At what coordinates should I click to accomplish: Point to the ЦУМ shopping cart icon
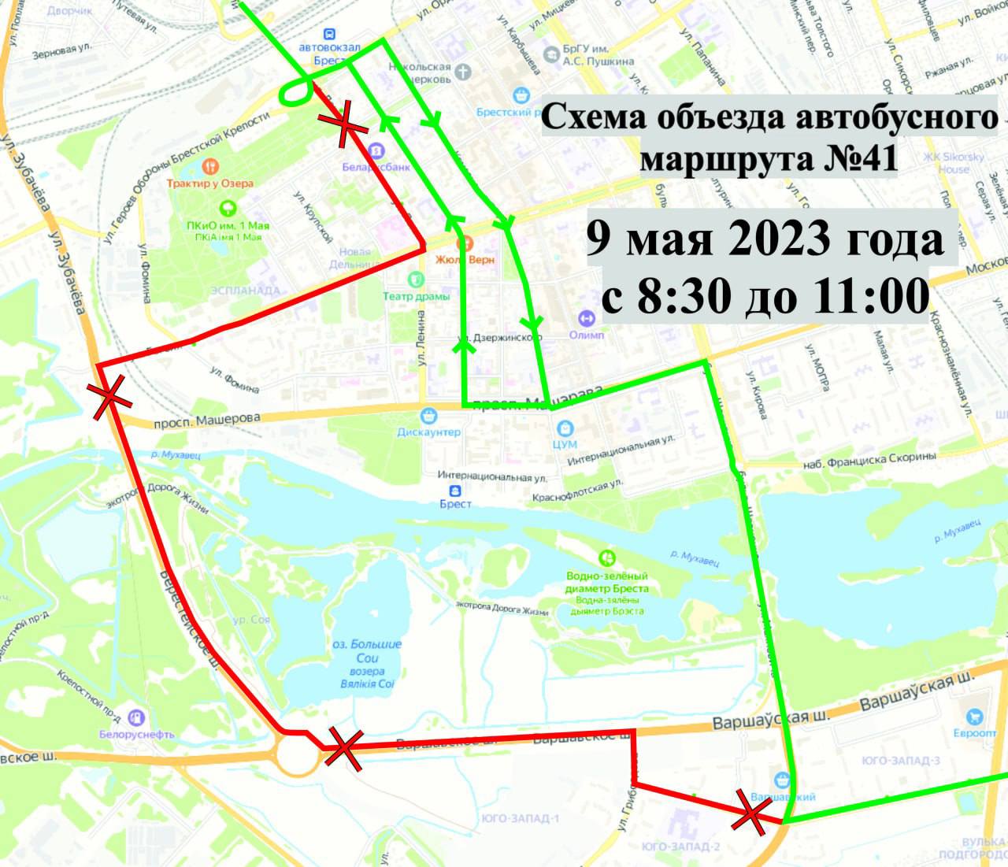click(x=565, y=429)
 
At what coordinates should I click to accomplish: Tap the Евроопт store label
click(x=975, y=732)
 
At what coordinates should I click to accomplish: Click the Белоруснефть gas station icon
click(x=136, y=717)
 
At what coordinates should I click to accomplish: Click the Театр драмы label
click(x=416, y=296)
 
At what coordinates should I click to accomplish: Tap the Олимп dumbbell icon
click(x=586, y=318)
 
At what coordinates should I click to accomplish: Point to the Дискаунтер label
click(x=428, y=432)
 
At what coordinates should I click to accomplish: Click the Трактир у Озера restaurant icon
click(x=210, y=167)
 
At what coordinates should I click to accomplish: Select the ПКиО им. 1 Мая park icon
click(x=228, y=209)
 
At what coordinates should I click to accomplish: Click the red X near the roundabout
click(x=344, y=747)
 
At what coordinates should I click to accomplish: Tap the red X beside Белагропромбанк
click(x=343, y=125)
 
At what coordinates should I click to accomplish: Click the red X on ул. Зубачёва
click(x=110, y=396)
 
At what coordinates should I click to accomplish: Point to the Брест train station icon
click(x=455, y=491)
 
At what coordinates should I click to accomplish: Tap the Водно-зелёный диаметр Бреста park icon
click(x=606, y=558)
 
